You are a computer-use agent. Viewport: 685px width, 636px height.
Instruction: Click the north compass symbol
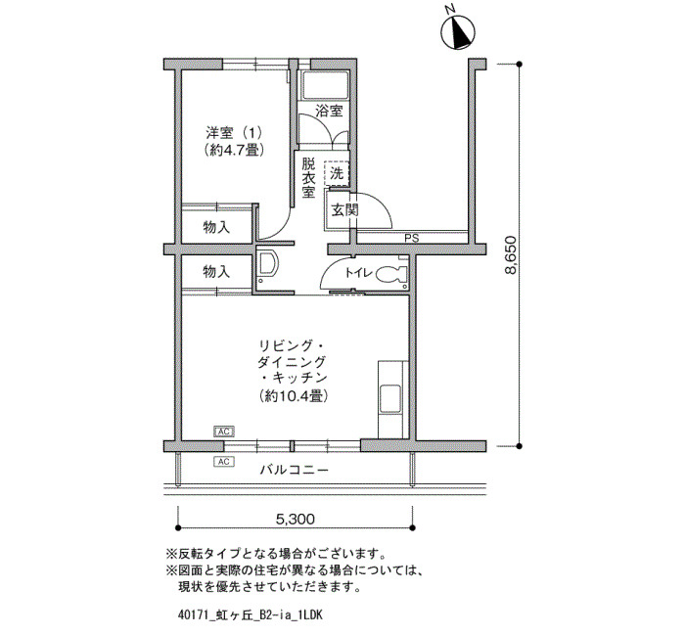[x=458, y=32]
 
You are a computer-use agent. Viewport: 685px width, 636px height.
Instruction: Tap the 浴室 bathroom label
[x=329, y=111]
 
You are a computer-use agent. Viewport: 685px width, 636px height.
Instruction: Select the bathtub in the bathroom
[x=325, y=85]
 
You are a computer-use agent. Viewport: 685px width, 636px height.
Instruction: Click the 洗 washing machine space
[x=337, y=174]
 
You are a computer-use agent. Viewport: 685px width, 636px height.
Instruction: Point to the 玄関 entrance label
[x=344, y=210]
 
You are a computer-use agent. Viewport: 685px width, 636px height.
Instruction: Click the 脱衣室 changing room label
[x=308, y=178]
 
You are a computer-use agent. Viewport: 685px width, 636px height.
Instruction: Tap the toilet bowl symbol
[x=391, y=273]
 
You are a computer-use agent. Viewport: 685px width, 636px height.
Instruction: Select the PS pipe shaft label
[x=412, y=239]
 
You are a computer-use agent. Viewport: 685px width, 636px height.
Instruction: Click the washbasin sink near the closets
[x=268, y=265]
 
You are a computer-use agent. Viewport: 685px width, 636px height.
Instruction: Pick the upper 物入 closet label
[x=216, y=227]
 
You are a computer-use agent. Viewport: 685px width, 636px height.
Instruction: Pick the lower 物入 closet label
[x=216, y=272]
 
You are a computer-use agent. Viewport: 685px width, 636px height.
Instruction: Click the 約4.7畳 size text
[x=234, y=151]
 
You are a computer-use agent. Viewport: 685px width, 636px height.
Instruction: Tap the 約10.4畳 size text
[x=294, y=395]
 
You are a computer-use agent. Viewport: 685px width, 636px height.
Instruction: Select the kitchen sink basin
[x=390, y=398]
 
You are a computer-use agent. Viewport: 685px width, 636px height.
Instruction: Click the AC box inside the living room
[x=224, y=432]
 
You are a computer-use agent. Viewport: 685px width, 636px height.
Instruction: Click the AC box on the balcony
[x=224, y=461]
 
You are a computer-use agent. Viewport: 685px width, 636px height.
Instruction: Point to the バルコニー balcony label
[x=294, y=470]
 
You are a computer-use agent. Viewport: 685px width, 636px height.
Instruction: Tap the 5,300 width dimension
[x=295, y=519]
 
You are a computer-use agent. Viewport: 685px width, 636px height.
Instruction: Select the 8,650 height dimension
[x=510, y=255]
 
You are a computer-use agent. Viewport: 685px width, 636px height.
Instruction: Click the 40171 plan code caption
[x=251, y=615]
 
